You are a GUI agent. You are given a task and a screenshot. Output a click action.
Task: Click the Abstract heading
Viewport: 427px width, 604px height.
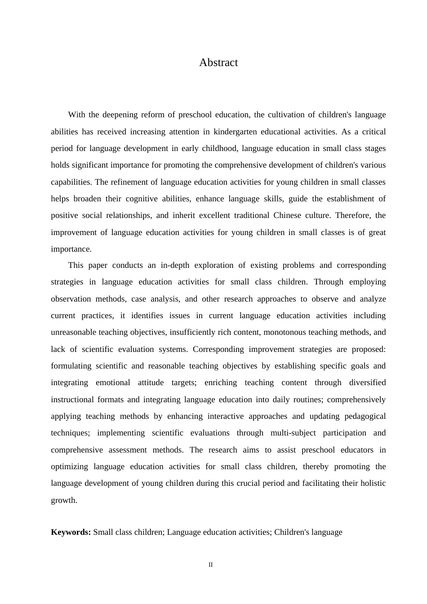coord(218,62)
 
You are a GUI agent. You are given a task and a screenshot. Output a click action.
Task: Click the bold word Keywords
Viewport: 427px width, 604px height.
coord(71,532)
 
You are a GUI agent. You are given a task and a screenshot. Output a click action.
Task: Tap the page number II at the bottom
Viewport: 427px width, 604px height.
coord(210,564)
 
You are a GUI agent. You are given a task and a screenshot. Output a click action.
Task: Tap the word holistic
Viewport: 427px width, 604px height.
coord(373,483)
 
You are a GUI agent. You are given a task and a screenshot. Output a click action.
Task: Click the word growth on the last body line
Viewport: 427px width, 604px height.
coord(63,500)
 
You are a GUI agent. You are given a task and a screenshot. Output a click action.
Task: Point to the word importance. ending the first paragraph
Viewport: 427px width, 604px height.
coord(71,249)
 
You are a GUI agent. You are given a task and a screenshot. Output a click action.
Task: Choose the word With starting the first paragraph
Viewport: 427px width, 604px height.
coord(76,115)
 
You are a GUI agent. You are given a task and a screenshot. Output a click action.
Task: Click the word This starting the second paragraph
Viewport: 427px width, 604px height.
coord(76,265)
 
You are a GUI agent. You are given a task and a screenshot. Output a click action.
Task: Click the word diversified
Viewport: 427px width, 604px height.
coord(367,382)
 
